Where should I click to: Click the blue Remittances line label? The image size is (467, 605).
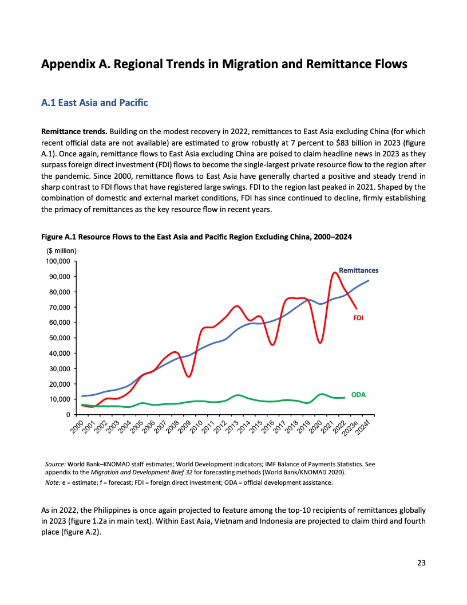pos(358,270)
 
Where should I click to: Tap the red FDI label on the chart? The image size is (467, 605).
pos(359,316)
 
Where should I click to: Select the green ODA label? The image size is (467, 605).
pos(358,395)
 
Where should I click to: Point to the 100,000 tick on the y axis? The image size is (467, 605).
pos(57,261)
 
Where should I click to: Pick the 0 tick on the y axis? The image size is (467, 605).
pos(68,414)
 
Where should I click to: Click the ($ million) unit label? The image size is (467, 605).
pos(61,251)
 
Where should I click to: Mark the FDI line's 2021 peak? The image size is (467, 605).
pos(335,272)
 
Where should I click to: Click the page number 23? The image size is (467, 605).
pos(421,563)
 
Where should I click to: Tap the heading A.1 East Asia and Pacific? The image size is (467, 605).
pos(94,103)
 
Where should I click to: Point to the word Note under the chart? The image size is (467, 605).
pos(53,483)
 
